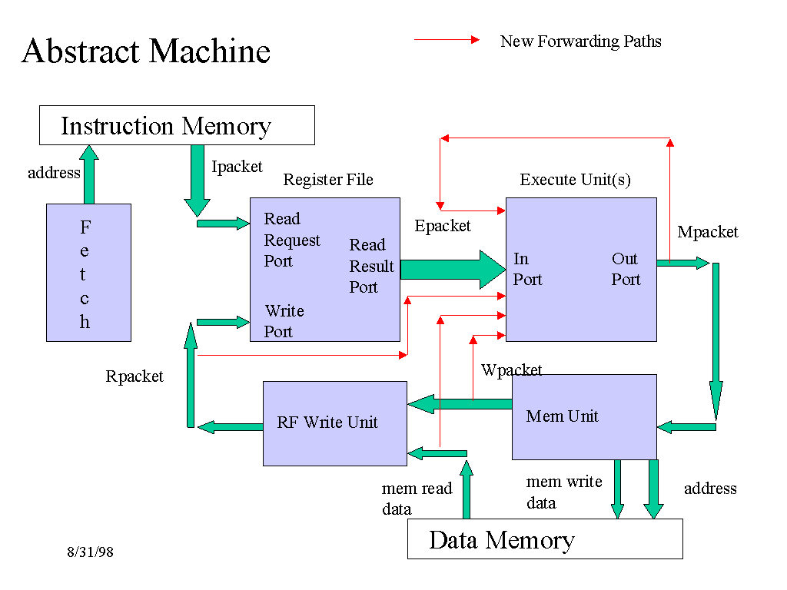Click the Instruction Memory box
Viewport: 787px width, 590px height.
tap(177, 125)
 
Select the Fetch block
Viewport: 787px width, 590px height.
tap(88, 272)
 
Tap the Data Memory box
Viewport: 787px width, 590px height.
tap(544, 539)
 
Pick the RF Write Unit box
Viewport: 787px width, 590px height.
tap(334, 423)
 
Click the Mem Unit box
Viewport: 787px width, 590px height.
tap(584, 416)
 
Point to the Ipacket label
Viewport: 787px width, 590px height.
tap(237, 167)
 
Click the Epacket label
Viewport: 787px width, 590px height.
tap(443, 226)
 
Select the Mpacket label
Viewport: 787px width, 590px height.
tap(708, 232)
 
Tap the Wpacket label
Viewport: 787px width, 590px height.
tap(512, 370)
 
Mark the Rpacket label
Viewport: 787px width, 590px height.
tap(134, 376)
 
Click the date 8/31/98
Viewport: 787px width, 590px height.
tap(90, 552)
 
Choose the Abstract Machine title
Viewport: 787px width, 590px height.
tap(146, 51)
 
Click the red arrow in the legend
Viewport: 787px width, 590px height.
tap(447, 40)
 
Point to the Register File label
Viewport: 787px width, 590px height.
tap(328, 180)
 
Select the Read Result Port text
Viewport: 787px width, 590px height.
tap(371, 266)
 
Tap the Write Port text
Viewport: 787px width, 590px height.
tap(284, 321)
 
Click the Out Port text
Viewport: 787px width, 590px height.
tap(626, 269)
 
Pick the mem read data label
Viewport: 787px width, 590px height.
tap(417, 499)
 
